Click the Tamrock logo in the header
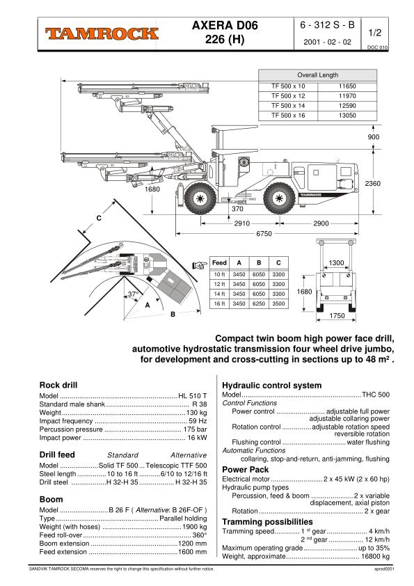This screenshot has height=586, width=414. click(x=102, y=33)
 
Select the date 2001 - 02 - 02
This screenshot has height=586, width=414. click(x=328, y=42)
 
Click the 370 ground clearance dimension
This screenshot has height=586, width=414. click(x=238, y=209)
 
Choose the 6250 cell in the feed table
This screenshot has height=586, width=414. click(x=258, y=305)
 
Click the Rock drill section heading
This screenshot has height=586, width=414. click(x=58, y=384)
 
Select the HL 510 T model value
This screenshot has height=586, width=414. click(x=193, y=395)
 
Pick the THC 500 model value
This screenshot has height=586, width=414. click(x=377, y=395)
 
